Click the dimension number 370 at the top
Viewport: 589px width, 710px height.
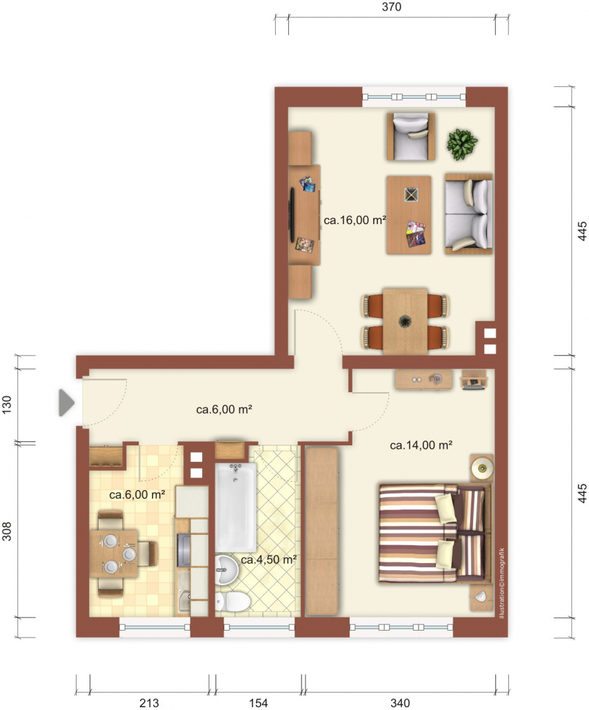coord(392,7)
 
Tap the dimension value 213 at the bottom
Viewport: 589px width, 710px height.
coord(149,702)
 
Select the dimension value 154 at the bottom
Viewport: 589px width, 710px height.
coord(258,702)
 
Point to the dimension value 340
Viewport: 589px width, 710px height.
coord(400,702)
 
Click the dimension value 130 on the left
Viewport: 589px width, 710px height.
coord(7,405)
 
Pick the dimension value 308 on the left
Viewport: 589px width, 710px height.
coord(7,531)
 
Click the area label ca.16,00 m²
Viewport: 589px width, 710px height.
coord(355,221)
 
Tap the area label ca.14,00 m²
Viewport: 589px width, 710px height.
coord(421,445)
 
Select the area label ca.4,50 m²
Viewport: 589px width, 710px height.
coord(269,560)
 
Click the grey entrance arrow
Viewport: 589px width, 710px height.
coord(66,403)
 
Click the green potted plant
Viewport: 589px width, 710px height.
coord(462,145)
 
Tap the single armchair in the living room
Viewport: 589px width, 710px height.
coord(411,136)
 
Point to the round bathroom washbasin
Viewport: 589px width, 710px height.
coord(226,570)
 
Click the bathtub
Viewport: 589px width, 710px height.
coord(235,507)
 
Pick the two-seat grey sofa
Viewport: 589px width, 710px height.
coord(469,214)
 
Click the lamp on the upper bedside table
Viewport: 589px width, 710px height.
coord(481,468)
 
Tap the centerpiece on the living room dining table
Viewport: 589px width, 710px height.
coord(405,321)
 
